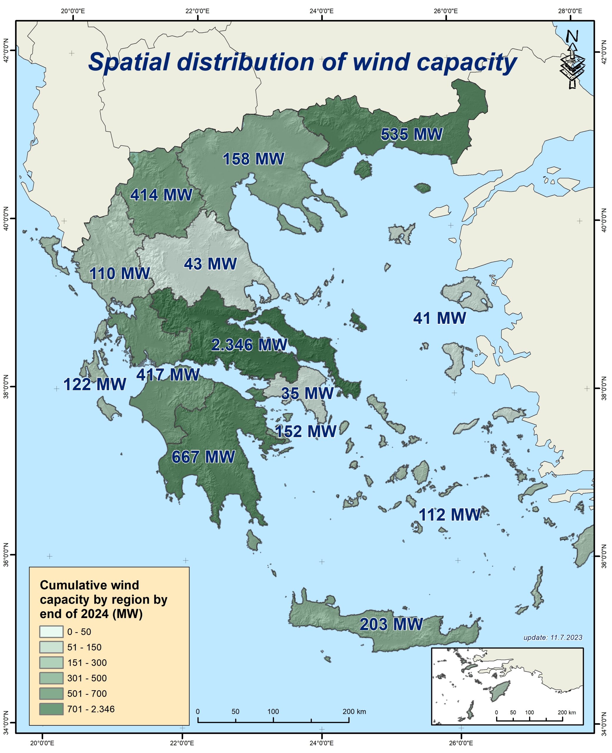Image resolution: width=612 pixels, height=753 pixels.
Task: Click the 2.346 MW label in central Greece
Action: pyautogui.click(x=249, y=345)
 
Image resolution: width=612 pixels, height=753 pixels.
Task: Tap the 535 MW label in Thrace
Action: pyautogui.click(x=411, y=134)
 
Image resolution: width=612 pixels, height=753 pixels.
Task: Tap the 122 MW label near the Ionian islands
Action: pyautogui.click(x=94, y=384)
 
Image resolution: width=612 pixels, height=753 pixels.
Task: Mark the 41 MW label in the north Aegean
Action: pyautogui.click(x=439, y=318)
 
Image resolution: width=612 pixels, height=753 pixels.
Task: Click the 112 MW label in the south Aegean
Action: pyautogui.click(x=449, y=515)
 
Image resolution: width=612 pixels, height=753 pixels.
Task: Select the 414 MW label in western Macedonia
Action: pyautogui.click(x=161, y=195)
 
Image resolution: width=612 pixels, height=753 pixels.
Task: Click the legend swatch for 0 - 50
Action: pyautogui.click(x=51, y=632)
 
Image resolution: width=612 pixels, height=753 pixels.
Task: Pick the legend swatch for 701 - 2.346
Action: pyautogui.click(x=51, y=709)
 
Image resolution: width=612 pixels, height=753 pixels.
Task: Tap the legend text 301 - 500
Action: pyautogui.click(x=87, y=678)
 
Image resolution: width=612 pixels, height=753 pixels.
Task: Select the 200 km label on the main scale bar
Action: pyautogui.click(x=354, y=712)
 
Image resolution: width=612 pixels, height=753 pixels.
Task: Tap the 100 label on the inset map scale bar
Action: pyautogui.click(x=529, y=712)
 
